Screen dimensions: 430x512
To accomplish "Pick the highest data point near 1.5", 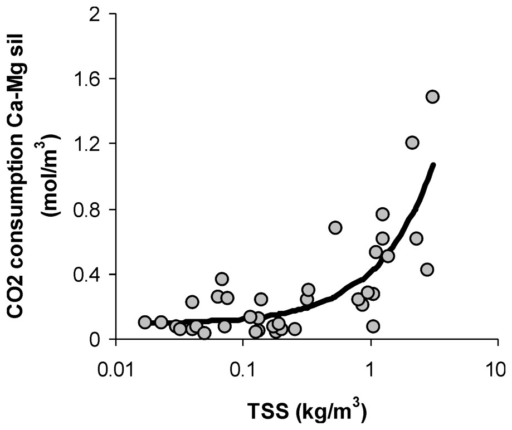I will tap(432, 97).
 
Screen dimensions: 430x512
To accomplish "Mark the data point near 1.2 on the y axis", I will tap(412, 143).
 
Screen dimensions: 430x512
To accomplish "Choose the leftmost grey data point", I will tap(145, 322).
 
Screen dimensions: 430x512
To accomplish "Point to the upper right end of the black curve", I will tap(433, 165).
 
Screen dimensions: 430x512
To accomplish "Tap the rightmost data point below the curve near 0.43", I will tap(427, 270).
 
